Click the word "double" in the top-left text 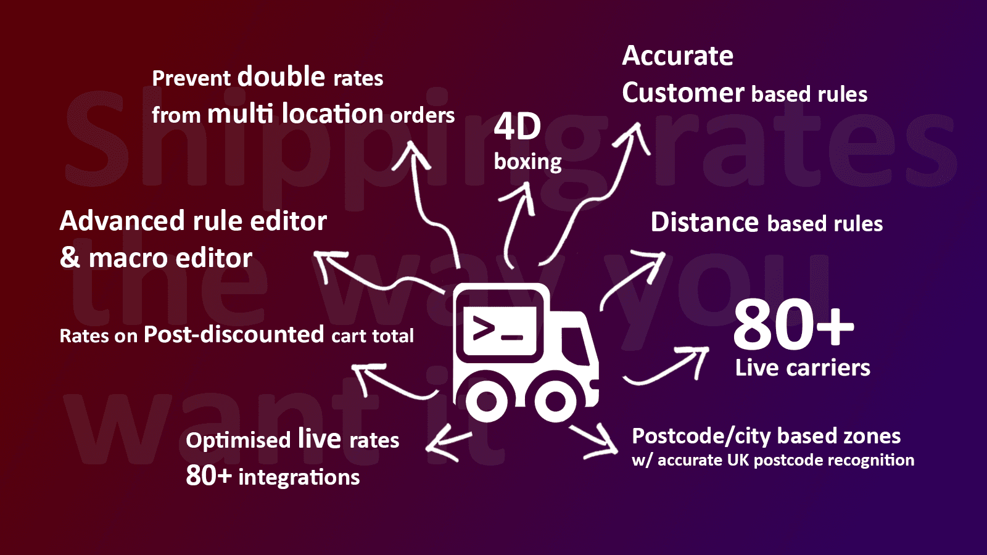(281, 76)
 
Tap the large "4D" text (518, 126)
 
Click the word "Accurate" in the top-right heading (678, 56)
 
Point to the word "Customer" (683, 93)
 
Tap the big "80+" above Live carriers (793, 324)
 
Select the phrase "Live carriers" (803, 368)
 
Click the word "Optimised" (238, 440)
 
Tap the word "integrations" (299, 477)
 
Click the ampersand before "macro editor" (70, 257)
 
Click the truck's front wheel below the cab (555, 401)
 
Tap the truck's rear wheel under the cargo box (487, 401)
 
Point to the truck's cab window (575, 347)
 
